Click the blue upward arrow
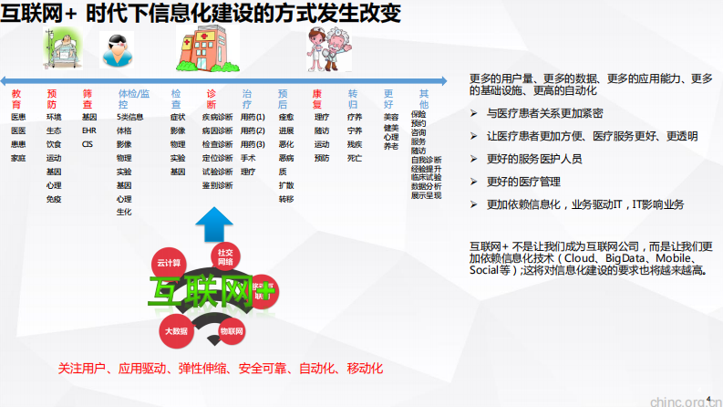click(216, 223)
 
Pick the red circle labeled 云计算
click(169, 261)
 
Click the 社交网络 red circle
click(223, 256)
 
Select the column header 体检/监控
click(134, 94)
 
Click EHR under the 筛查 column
click(88, 130)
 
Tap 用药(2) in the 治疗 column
click(253, 130)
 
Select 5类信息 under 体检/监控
click(130, 118)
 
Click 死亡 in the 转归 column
click(354, 158)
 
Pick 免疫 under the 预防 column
click(54, 199)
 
